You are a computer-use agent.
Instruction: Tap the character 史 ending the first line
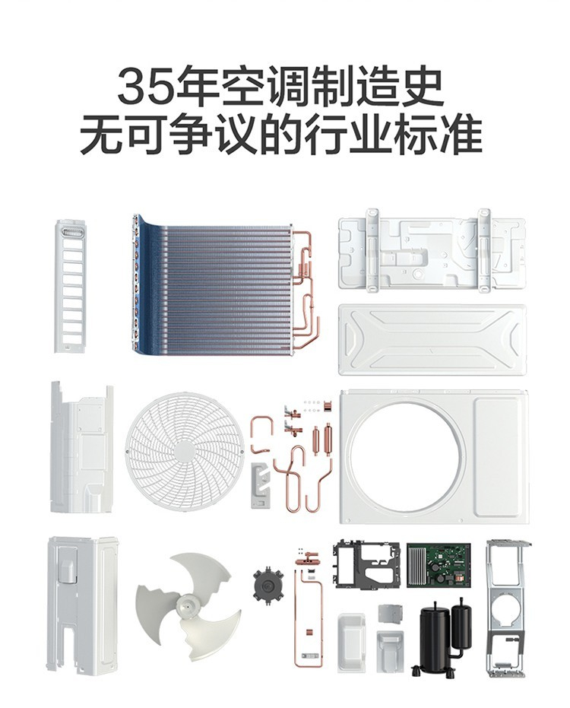(421, 85)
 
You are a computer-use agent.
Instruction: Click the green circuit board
(439, 565)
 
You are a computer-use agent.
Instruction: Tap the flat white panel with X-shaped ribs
(432, 339)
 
